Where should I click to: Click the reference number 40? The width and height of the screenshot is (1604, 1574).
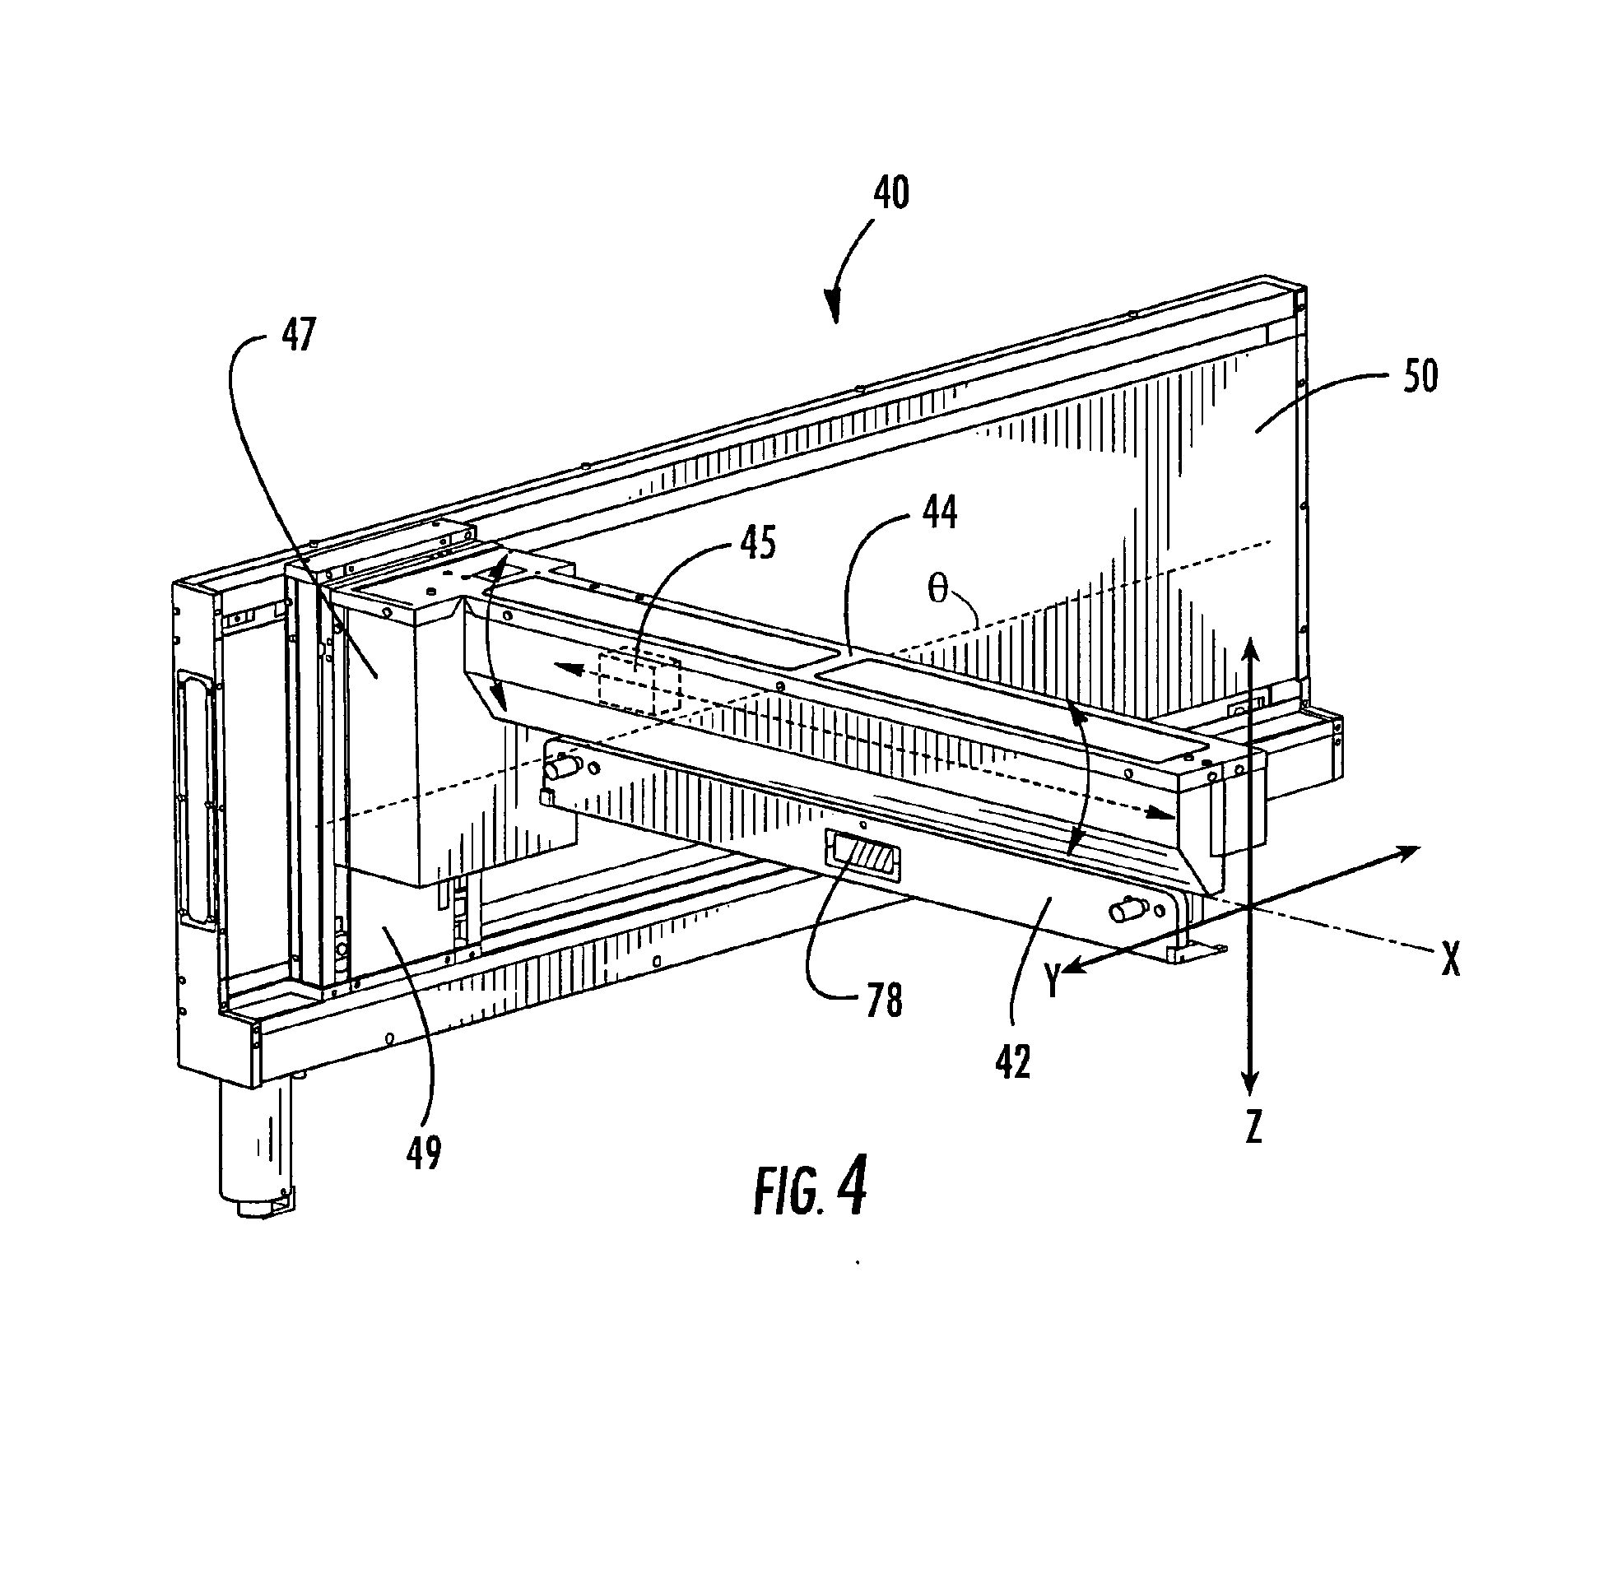pyautogui.click(x=890, y=193)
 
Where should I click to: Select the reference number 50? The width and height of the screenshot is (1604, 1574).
pyautogui.click(x=1419, y=375)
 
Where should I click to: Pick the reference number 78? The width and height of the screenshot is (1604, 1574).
pyautogui.click(x=883, y=1001)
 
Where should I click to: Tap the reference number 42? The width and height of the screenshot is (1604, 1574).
pyautogui.click(x=1013, y=1063)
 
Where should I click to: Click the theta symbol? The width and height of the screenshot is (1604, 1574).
pyautogui.click(x=937, y=592)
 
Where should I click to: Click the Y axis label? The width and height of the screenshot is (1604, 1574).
pyautogui.click(x=1052, y=982)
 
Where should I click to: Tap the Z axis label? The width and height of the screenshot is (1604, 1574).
pyautogui.click(x=1253, y=1126)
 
